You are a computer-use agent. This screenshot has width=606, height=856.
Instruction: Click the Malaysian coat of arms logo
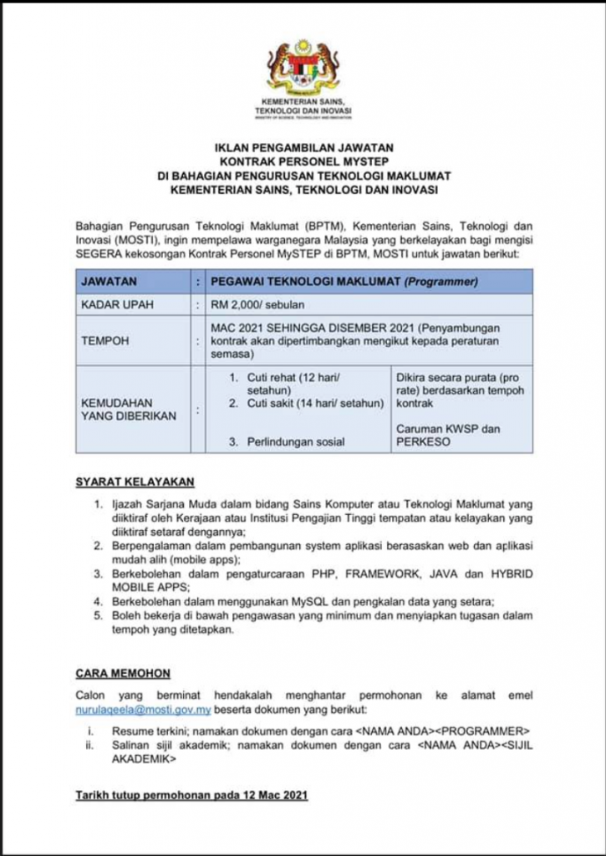click(x=303, y=66)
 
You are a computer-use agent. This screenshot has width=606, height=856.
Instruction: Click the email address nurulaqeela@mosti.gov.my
click(x=143, y=710)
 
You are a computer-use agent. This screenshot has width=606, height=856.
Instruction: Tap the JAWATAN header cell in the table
click(x=109, y=282)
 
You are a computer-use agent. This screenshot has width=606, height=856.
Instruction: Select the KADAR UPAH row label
click(x=118, y=304)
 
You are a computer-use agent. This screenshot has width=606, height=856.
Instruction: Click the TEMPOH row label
click(x=104, y=341)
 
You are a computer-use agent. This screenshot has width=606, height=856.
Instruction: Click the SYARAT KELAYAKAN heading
click(x=135, y=481)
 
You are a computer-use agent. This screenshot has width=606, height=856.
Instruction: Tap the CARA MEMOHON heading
click(x=123, y=672)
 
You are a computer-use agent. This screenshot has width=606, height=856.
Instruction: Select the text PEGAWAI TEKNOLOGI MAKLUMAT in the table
click(x=306, y=282)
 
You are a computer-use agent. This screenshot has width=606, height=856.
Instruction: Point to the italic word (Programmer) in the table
click(x=440, y=282)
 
